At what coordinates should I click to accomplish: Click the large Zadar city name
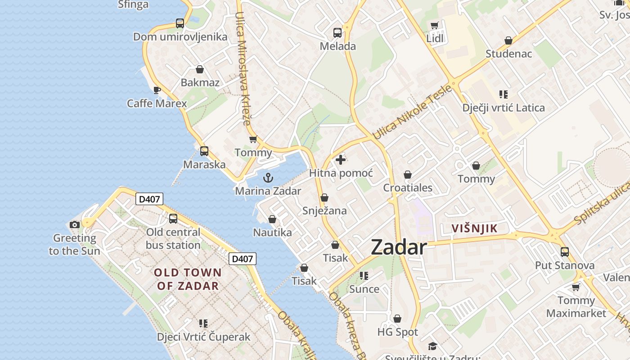399,248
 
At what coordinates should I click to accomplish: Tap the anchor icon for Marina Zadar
268,178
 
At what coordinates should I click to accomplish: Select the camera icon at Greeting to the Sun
75,225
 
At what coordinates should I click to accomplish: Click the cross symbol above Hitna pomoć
341,160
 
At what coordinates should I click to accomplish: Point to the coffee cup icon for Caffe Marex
157,90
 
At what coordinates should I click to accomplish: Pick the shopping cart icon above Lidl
434,26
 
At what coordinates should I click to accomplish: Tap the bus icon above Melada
337,33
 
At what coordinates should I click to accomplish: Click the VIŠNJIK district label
475,228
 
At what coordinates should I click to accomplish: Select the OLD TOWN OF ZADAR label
188,279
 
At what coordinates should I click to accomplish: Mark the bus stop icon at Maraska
204,151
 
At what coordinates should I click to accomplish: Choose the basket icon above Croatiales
408,175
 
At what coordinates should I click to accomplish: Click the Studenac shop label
508,54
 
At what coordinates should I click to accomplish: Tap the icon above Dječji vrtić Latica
504,94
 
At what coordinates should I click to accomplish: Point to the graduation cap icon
432,346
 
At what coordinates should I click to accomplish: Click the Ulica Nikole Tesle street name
412,112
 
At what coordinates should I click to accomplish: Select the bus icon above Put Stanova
565,252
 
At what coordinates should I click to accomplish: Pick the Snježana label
324,211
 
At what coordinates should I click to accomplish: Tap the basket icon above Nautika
272,219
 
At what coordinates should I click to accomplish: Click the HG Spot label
397,332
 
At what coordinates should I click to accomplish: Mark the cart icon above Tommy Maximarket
576,287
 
